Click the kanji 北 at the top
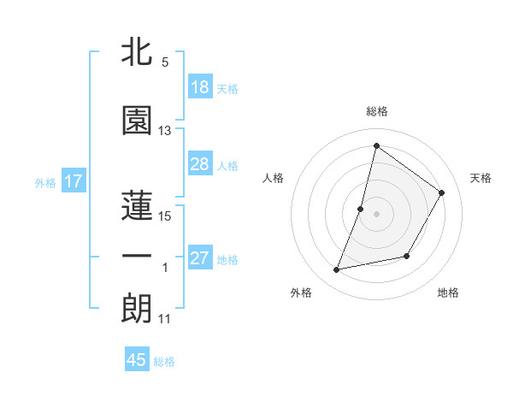pyautogui.click(x=137, y=53)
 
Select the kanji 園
pyautogui.click(x=137, y=121)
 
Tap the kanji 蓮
pyautogui.click(x=137, y=204)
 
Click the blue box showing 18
pyautogui.click(x=200, y=87)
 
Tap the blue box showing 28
pyautogui.click(x=200, y=164)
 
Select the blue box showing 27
pyautogui.click(x=200, y=258)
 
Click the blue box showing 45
pyautogui.click(x=137, y=360)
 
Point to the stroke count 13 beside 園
pyautogui.click(x=165, y=131)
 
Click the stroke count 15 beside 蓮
pyautogui.click(x=165, y=216)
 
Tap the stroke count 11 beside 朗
pyautogui.click(x=165, y=320)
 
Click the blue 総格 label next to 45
pyautogui.click(x=164, y=362)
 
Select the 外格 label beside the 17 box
pyautogui.click(x=45, y=182)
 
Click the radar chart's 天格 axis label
pyautogui.click(x=481, y=178)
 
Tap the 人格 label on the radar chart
pyautogui.click(x=273, y=178)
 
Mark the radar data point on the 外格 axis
pyautogui.click(x=337, y=270)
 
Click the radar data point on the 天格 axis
pyautogui.click(x=442, y=193)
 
